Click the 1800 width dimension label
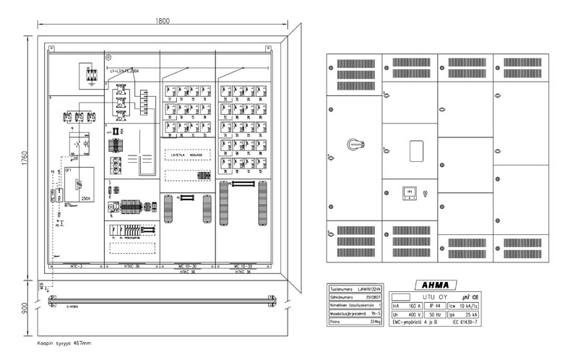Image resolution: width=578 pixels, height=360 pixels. pos(163,21)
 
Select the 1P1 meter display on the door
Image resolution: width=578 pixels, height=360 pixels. pos(409,193)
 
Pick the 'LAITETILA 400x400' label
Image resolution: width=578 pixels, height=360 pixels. pos(182,154)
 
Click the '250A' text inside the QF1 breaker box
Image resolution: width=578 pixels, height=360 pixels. pos(85,197)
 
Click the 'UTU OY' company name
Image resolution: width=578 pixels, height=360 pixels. pos(433,296)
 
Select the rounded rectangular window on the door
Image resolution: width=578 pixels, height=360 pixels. pos(416,151)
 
